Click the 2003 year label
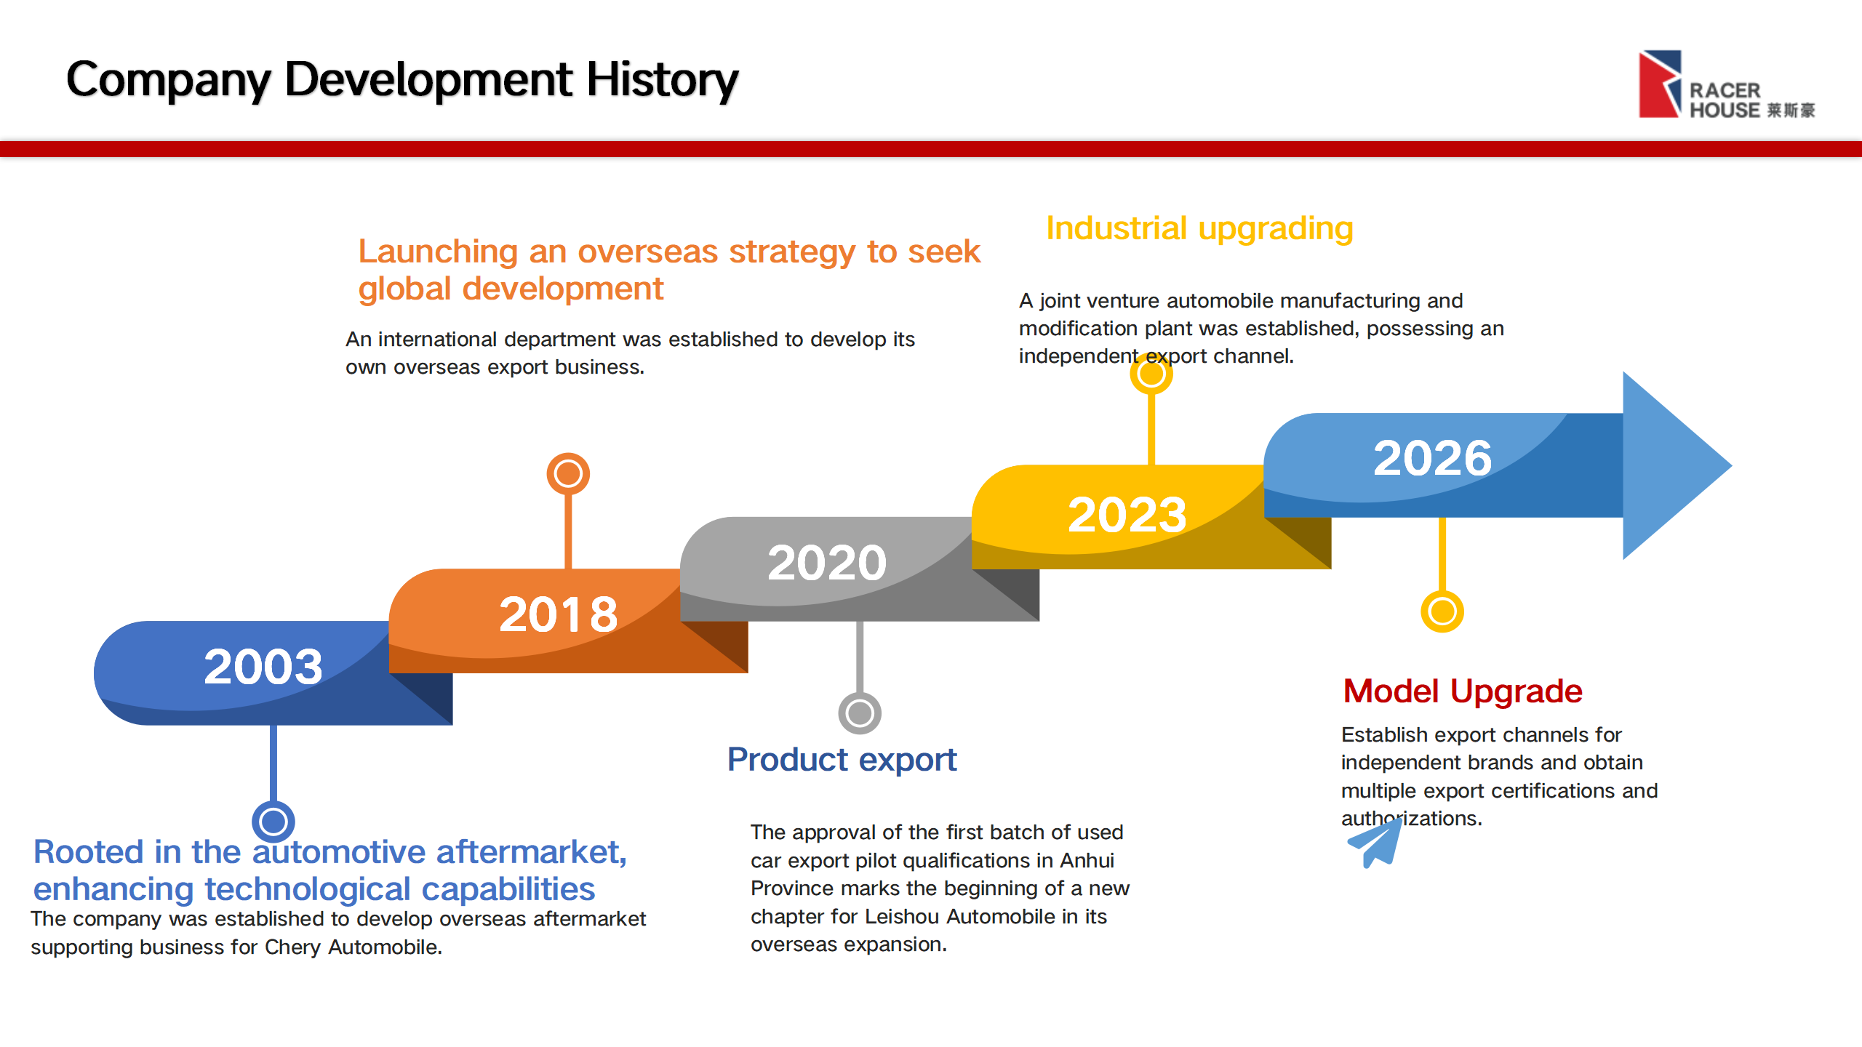(x=263, y=667)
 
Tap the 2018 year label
(x=559, y=614)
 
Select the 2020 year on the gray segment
(x=827, y=563)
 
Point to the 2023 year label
(x=1127, y=515)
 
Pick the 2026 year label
(x=1433, y=458)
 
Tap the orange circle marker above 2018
(x=568, y=474)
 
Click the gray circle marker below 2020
(x=860, y=713)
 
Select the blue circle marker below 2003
(x=273, y=822)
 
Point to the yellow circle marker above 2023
(x=1151, y=374)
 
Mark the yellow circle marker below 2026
(x=1442, y=611)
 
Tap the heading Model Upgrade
(x=1463, y=691)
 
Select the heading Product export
(x=842, y=761)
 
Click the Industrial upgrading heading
(x=1200, y=229)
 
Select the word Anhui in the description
(x=1087, y=861)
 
